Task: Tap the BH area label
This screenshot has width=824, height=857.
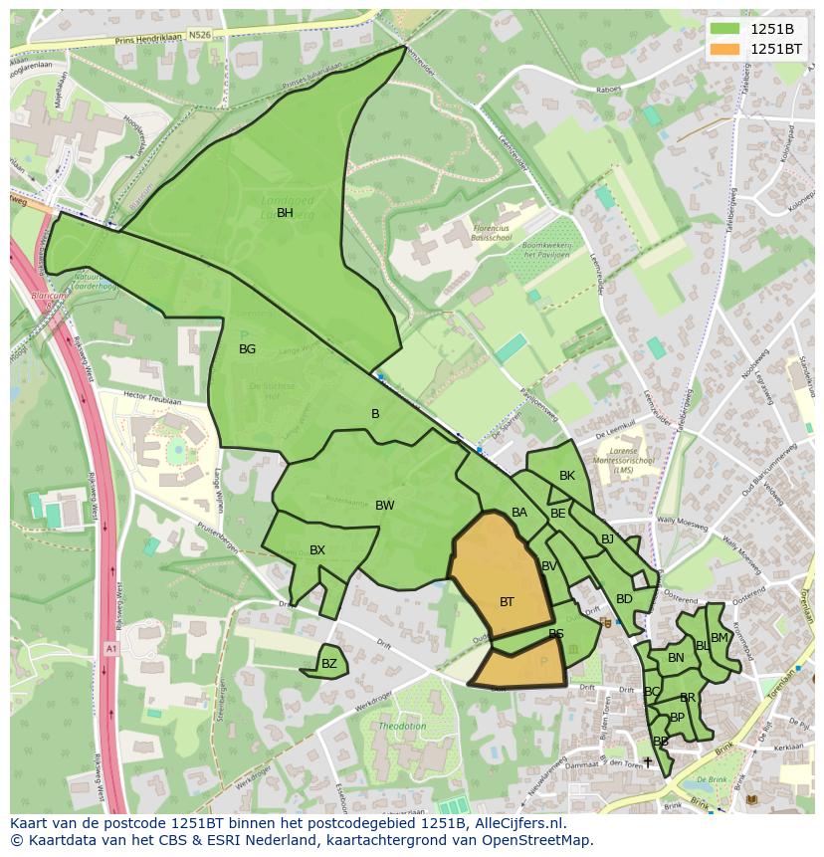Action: pos(285,213)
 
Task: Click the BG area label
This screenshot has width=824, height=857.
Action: pos(248,349)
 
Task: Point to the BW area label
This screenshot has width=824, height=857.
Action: pos(384,506)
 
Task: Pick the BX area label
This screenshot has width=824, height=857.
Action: pos(317,550)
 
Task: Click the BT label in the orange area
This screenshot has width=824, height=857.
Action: pos(507,602)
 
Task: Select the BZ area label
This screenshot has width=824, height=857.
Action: pos(329,664)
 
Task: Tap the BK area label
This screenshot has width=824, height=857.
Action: pos(567,476)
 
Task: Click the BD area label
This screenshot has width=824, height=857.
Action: pos(624,599)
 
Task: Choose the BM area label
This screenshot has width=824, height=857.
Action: pos(720,638)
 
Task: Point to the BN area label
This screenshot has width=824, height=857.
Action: pos(676,658)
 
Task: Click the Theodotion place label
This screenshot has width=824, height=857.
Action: pos(402,727)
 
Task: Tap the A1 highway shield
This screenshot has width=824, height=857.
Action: pos(110,648)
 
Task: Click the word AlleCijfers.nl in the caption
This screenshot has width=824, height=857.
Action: pos(517,823)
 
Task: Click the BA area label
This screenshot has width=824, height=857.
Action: pos(519,513)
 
